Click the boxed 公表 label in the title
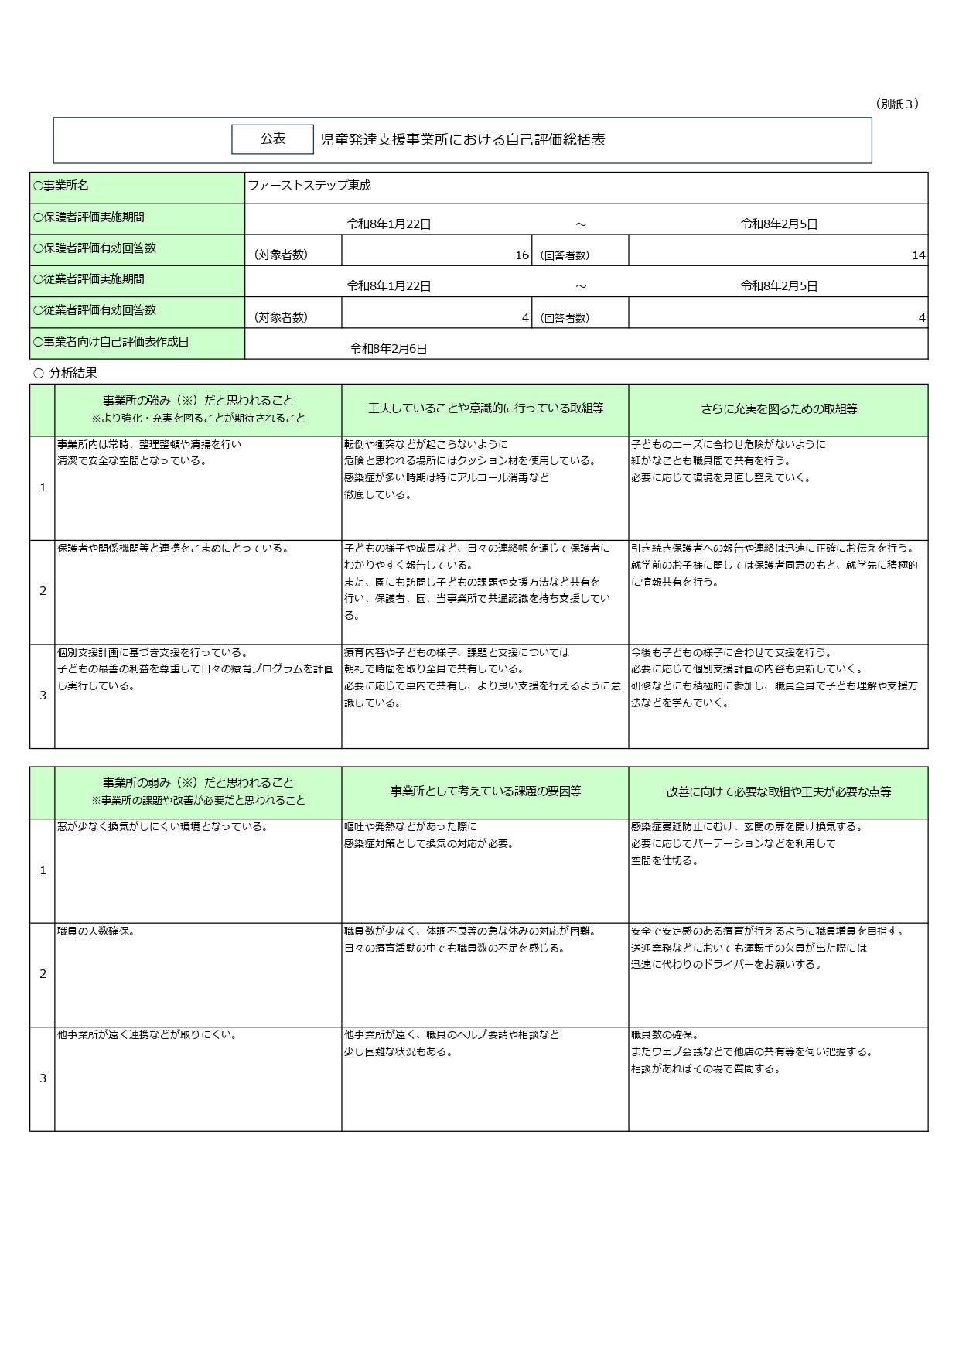tap(272, 139)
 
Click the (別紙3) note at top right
tap(896, 104)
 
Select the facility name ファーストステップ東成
tap(309, 186)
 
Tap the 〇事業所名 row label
tap(61, 186)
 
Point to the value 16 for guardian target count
tap(522, 255)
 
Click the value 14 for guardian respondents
tap(918, 255)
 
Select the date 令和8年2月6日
tap(388, 349)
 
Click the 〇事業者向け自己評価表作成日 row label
tap(111, 341)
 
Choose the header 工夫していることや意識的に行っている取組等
tap(485, 408)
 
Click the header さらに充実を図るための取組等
tap(778, 409)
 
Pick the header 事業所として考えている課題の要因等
tap(485, 791)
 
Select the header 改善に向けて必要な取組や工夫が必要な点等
tap(778, 792)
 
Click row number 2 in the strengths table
tap(43, 591)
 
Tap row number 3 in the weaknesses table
tap(43, 1078)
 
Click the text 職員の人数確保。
tap(97, 931)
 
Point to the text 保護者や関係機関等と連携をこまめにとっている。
tap(173, 549)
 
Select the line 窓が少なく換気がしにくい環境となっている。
tap(162, 827)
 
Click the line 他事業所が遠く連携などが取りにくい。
tap(147, 1035)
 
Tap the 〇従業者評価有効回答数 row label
tap(94, 310)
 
